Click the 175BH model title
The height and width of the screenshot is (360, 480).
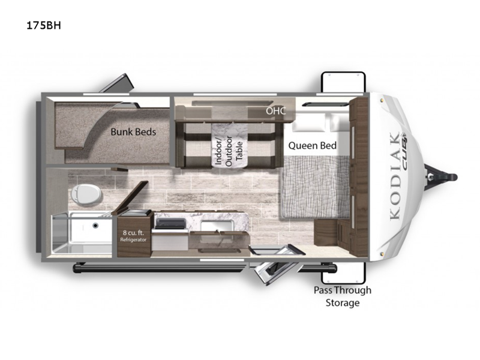pos(44,25)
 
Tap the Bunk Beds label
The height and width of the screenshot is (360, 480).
pos(133,132)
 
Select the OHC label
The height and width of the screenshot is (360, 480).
pos(275,110)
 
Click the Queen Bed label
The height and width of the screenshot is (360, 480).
pos(312,145)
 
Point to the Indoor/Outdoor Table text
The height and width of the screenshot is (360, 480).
pos(229,151)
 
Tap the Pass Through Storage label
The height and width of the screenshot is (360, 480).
pos(342,296)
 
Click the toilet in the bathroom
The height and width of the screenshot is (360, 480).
pos(86,194)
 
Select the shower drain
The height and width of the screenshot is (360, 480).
pos(95,226)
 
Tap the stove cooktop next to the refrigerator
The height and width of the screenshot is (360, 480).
pos(170,224)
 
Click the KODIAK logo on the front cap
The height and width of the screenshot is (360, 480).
pos(395,175)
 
